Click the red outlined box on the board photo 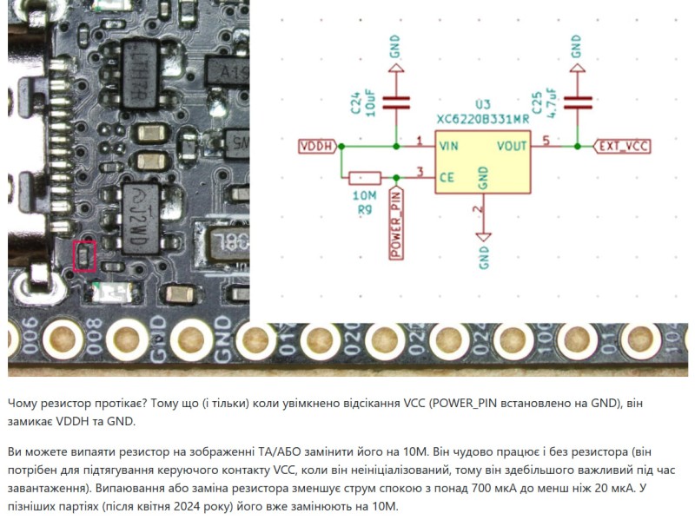coord(84,256)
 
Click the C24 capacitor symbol coord(396,102)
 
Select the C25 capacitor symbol coord(576,102)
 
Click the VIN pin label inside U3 coord(449,145)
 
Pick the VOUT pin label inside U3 coord(512,145)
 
